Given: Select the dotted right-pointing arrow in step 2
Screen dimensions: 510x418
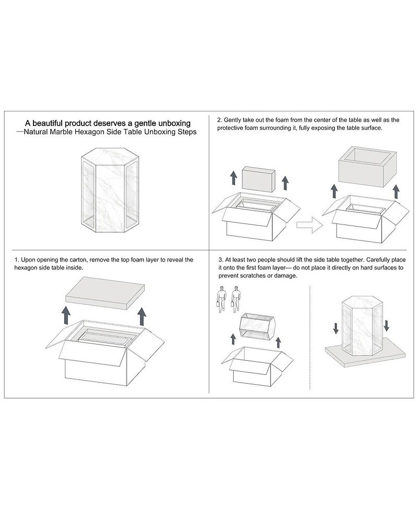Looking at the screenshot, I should (x=308, y=225).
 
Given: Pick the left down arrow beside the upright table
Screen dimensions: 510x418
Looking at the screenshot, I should (x=335, y=327).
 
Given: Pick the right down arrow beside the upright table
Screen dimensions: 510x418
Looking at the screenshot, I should (x=386, y=325).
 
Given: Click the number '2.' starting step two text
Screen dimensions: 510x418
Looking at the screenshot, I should (x=219, y=120).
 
